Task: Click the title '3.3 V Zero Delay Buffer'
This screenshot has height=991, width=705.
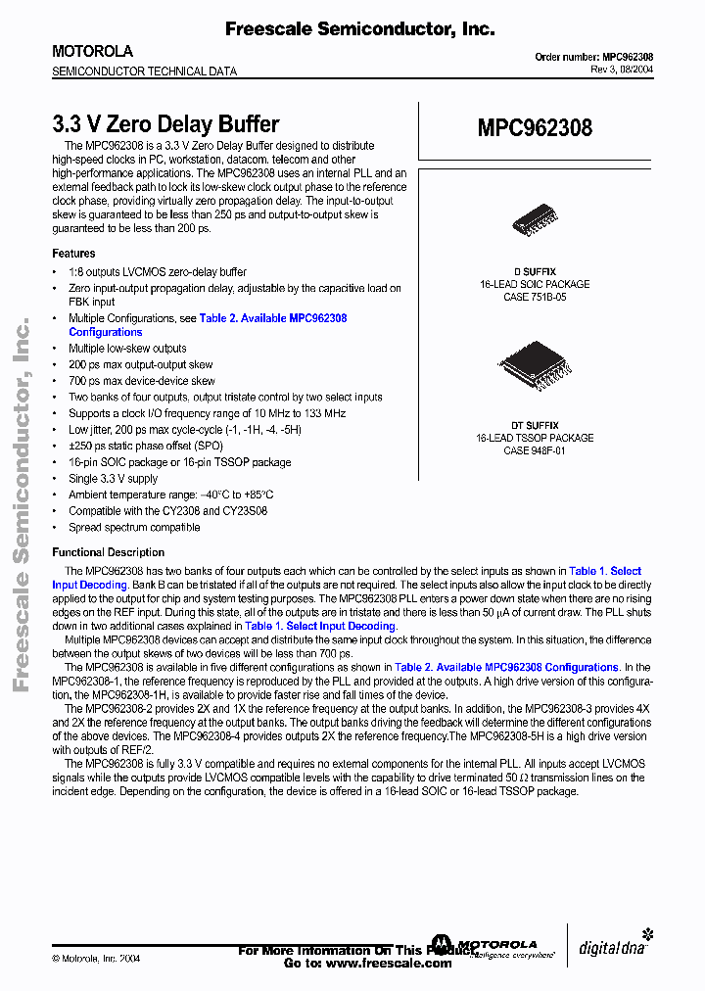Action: [x=165, y=124]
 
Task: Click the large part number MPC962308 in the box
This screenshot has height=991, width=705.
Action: [x=535, y=128]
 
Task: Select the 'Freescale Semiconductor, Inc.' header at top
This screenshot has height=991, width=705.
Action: [x=359, y=29]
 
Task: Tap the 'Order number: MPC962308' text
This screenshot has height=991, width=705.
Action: [x=594, y=57]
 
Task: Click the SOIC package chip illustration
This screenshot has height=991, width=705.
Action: [x=535, y=222]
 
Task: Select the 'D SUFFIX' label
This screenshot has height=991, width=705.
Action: [x=535, y=271]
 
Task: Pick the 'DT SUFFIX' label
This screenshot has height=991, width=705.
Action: [x=535, y=426]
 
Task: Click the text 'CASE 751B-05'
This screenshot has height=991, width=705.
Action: [x=535, y=296]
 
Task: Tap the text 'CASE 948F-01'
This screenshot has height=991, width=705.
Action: [x=535, y=450]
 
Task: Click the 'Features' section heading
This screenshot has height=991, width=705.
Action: [x=73, y=254]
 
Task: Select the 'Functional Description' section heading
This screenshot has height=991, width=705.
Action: [x=108, y=552]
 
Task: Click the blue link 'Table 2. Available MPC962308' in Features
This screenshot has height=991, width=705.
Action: [x=273, y=318]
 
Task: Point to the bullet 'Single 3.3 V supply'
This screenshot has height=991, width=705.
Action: [x=113, y=479]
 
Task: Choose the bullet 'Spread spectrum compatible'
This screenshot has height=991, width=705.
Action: [x=134, y=527]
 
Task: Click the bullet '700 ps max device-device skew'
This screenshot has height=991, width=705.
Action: [x=142, y=381]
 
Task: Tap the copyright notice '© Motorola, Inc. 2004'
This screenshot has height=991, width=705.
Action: [x=96, y=959]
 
